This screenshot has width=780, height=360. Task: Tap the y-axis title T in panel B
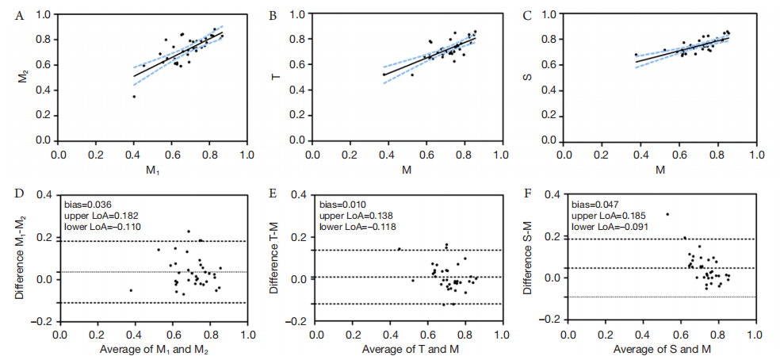tap(274, 78)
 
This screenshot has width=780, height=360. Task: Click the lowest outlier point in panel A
tap(134, 97)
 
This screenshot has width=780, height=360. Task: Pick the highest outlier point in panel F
tap(667, 214)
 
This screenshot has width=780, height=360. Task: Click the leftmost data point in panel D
tap(131, 290)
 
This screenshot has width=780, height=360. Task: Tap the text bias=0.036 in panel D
tap(89, 202)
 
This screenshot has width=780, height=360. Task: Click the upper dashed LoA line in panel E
tap(412, 251)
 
